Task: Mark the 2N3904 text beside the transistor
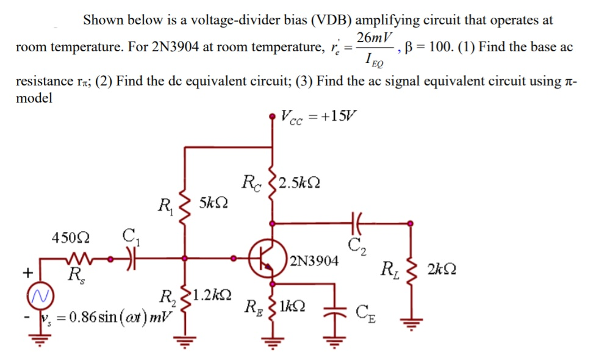(314, 262)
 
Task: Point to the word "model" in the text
(34, 98)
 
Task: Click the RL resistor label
(388, 268)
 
